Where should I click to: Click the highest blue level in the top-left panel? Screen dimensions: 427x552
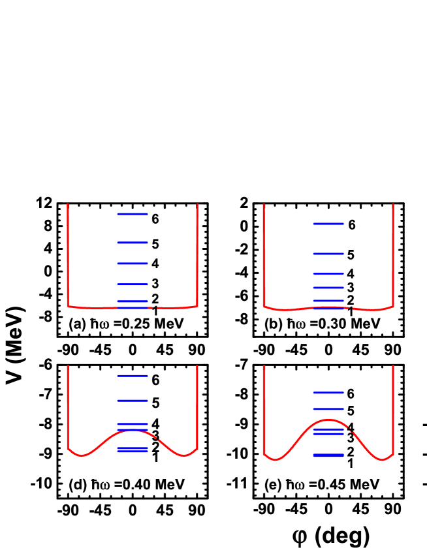click(133, 214)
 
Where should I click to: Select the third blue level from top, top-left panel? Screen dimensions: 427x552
click(133, 264)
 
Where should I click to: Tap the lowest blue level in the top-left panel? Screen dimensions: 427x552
click(133, 307)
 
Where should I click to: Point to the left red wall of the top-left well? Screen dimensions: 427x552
click(68, 254)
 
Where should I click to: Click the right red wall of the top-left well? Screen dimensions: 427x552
click(197, 254)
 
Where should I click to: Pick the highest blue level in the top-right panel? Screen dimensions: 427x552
click(328, 224)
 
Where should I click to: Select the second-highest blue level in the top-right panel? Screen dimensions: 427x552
click(328, 254)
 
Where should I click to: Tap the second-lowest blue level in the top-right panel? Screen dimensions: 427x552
click(328, 301)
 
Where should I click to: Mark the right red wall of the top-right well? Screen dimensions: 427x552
click(393, 254)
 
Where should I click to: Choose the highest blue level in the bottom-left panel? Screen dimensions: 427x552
click(133, 376)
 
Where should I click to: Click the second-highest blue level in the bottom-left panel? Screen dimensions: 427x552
click(133, 401)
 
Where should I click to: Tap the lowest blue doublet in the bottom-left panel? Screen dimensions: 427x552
click(133, 450)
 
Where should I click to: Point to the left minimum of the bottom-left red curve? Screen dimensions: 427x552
click(82, 455)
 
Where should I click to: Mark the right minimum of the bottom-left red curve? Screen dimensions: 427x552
click(184, 455)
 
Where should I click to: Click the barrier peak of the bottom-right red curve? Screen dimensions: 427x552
click(328, 420)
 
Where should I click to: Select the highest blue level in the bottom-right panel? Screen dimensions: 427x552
click(328, 393)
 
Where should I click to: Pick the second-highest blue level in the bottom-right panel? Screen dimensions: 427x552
click(328, 409)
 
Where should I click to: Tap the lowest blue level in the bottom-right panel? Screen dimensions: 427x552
click(328, 455)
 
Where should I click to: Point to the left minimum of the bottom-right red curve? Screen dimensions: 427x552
click(275, 460)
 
